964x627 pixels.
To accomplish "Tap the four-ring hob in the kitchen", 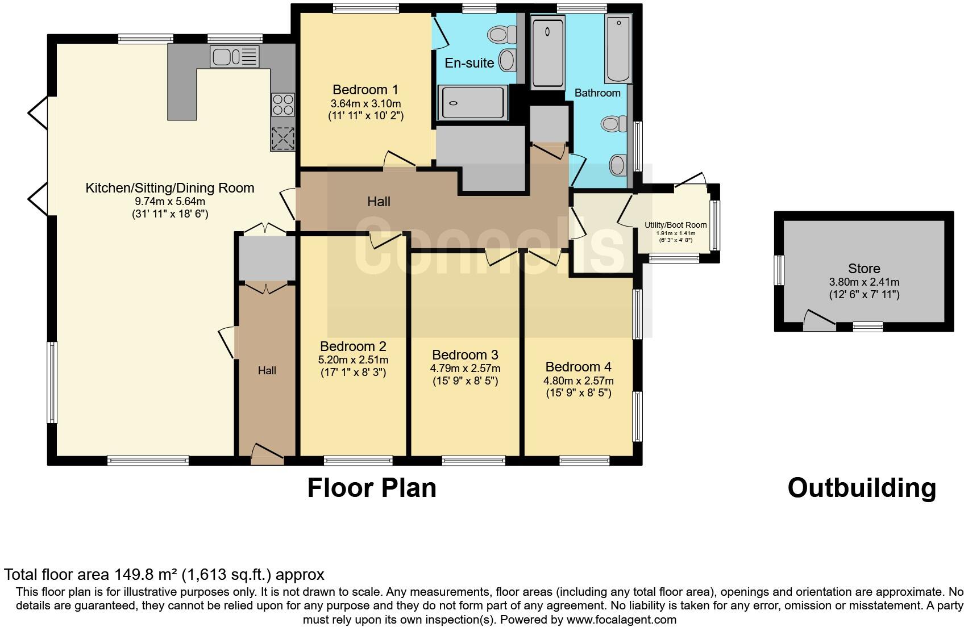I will tap(283, 104).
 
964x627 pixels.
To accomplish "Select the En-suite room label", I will tap(469, 63).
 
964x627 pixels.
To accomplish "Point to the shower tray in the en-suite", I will tap(471, 103).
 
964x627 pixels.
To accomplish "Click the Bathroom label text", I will tap(597, 93).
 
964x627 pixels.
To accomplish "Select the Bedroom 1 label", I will tap(365, 90).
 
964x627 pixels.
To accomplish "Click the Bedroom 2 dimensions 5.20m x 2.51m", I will tap(353, 360).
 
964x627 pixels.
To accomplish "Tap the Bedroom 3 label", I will tap(465, 355).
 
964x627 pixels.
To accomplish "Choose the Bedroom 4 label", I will tap(578, 367).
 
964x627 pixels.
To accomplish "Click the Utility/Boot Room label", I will tap(675, 225).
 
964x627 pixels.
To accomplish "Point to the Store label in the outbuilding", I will tap(863, 269).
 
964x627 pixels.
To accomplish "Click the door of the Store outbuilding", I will tap(819, 321).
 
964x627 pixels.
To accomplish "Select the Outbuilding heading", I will tap(861, 488).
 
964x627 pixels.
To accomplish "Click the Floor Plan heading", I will tap(372, 488).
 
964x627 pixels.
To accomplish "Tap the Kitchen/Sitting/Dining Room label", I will tap(169, 188).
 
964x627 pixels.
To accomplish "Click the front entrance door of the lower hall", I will tap(267, 454).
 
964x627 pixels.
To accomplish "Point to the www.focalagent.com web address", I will tap(622, 620).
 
